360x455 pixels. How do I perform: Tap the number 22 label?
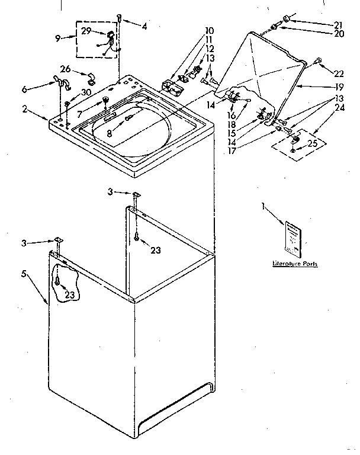click(x=339, y=73)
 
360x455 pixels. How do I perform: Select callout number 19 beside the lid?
click(x=339, y=86)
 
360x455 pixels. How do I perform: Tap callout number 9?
click(x=57, y=39)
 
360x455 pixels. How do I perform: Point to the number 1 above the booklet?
click(x=263, y=206)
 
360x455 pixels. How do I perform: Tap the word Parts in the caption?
click(x=308, y=264)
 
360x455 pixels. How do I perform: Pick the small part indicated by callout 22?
click(x=319, y=60)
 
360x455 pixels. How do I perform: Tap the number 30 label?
click(x=86, y=92)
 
